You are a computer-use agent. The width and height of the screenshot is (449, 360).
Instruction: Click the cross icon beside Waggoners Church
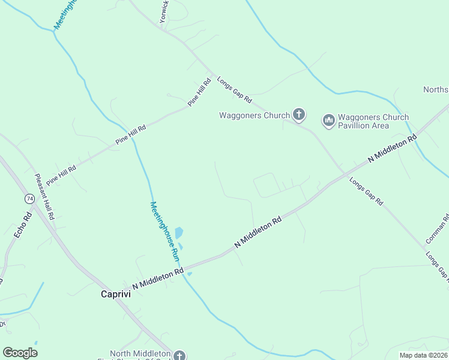[x=299, y=115]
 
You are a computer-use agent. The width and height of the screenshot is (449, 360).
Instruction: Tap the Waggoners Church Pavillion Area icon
[x=328, y=121]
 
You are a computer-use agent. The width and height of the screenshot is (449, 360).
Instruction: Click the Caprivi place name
[x=115, y=295]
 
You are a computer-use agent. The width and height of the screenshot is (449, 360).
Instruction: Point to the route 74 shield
[x=29, y=199]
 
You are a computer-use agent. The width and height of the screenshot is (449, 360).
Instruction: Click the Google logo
[x=20, y=352]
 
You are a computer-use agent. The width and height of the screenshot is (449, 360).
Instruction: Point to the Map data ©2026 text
[x=423, y=355]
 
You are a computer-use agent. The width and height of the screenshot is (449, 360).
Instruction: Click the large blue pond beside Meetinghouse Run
[x=178, y=233]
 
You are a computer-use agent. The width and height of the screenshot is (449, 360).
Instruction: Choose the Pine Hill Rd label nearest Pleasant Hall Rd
[x=61, y=175]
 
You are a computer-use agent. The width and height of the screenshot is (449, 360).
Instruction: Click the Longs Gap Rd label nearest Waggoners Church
[x=234, y=89]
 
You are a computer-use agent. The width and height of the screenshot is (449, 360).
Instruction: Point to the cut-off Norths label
[x=436, y=89]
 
